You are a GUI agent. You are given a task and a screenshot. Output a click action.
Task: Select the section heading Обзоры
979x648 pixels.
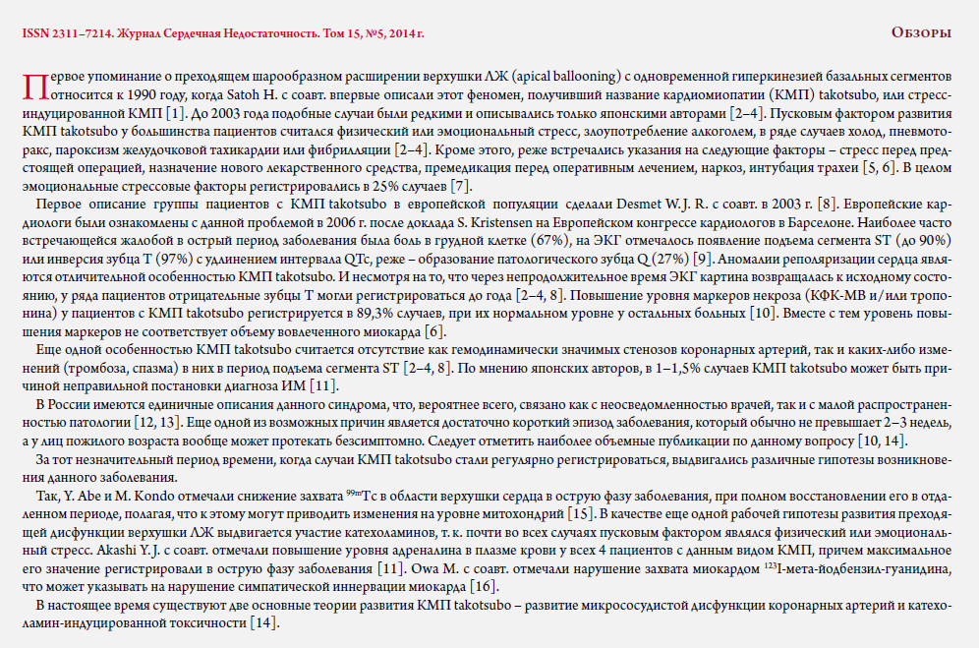point(921,33)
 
